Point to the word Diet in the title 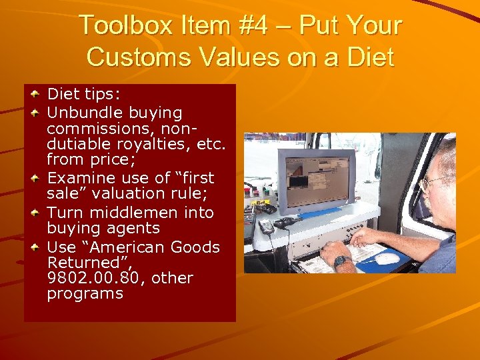(x=369, y=57)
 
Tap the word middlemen (x=138, y=213)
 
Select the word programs (x=85, y=293)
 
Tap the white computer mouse (x=386, y=257)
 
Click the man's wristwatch (x=342, y=261)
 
